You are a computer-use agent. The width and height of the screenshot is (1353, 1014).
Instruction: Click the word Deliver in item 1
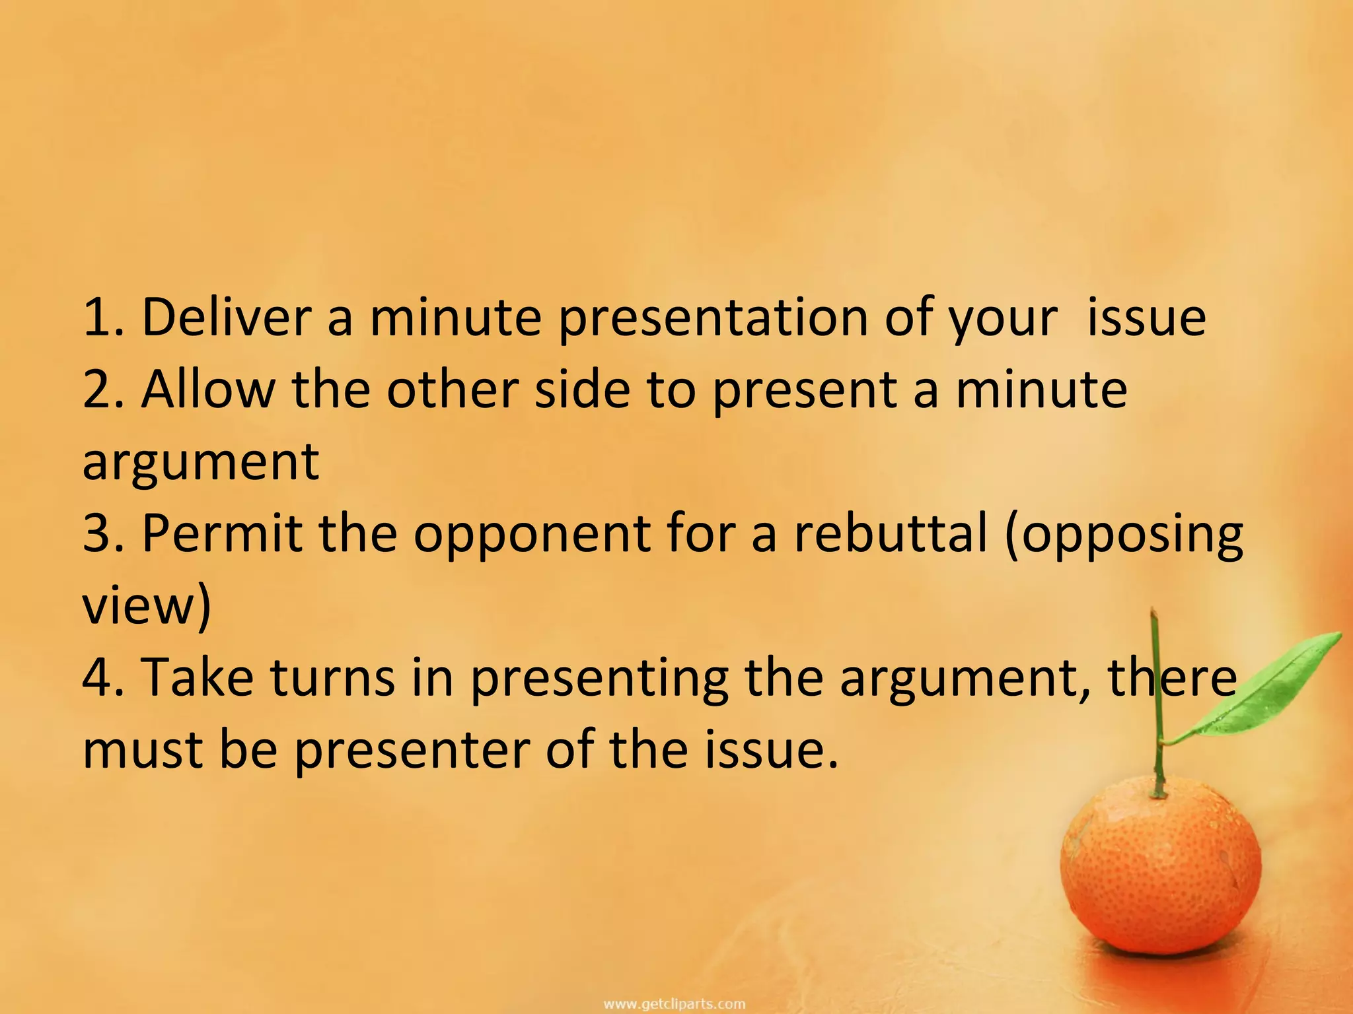tap(226, 318)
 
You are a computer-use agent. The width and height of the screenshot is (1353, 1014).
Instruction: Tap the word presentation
tap(712, 319)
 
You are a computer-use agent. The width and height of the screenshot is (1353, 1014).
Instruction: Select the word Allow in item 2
tap(207, 389)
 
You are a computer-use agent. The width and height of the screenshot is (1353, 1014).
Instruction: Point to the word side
tap(582, 389)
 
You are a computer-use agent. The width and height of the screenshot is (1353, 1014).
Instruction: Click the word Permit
tap(222, 533)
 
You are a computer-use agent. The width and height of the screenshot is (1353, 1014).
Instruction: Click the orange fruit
tap(1160, 875)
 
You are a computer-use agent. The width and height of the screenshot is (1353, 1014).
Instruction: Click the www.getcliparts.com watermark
tap(675, 1004)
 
